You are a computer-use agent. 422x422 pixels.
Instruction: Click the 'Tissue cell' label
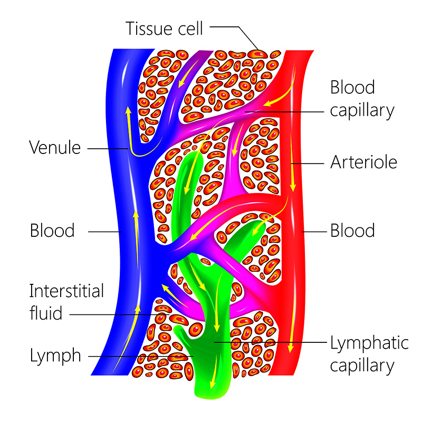(x=164, y=28)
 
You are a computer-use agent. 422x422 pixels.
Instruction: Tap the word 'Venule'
(x=55, y=148)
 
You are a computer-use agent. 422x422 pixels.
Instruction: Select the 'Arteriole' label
(x=363, y=162)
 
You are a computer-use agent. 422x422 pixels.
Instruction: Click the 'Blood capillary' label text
(x=362, y=99)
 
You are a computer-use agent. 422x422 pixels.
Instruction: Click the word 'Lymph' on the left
(x=55, y=356)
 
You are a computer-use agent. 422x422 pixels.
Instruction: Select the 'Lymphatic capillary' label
(x=369, y=353)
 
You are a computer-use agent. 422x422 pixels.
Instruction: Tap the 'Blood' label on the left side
(x=52, y=231)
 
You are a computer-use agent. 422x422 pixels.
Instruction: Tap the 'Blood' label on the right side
(x=352, y=231)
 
